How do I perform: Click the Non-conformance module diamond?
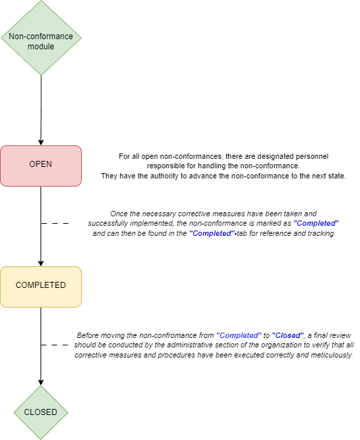(41, 38)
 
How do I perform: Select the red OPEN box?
(41, 166)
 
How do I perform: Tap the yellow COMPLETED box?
(41, 287)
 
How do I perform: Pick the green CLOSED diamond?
(41, 412)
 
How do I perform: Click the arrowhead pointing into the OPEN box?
(41, 142)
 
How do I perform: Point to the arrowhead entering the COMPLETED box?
(41, 263)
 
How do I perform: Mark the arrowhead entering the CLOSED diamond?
(41, 382)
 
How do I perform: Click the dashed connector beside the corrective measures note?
(55, 223)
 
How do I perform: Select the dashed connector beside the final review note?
(55, 345)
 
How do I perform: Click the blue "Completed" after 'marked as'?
(316, 223)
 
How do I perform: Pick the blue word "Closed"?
(288, 335)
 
